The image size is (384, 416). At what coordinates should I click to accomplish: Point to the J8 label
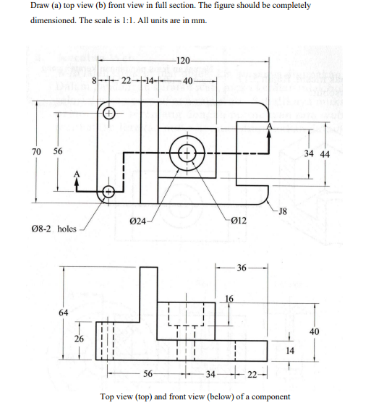(x=283, y=211)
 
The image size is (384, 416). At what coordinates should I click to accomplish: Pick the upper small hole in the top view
(x=108, y=114)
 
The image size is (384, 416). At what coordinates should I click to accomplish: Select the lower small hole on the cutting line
(x=108, y=191)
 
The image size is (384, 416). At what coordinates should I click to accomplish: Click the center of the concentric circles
(x=187, y=153)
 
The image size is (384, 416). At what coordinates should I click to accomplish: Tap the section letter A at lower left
(x=76, y=174)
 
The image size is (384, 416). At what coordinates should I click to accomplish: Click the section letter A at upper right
(x=270, y=126)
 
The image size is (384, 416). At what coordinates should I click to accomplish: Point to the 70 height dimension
(x=36, y=152)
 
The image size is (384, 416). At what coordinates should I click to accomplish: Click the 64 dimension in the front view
(x=64, y=313)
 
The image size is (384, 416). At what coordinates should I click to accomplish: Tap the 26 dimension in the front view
(x=78, y=338)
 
